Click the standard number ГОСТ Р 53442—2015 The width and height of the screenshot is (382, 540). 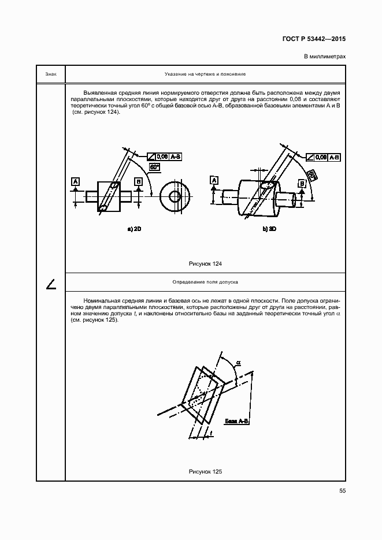314,39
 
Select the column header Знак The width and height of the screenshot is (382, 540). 50,74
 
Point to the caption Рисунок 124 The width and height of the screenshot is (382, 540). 205,263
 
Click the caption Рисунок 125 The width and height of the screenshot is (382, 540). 205,472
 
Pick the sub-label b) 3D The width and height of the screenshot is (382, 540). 269,229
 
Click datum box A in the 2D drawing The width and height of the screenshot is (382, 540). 75,181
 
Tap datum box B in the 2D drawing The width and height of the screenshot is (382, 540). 138,181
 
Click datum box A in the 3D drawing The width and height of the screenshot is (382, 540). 214,181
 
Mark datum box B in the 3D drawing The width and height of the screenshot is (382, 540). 302,184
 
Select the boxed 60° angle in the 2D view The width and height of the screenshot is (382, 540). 154,166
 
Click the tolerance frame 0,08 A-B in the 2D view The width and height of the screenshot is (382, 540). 165,156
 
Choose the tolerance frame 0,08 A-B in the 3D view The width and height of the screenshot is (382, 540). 324,157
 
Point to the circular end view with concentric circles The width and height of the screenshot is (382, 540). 174,196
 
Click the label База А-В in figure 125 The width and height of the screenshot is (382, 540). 237,421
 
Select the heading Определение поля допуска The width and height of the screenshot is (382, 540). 205,282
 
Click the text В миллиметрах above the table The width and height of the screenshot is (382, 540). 324,56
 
